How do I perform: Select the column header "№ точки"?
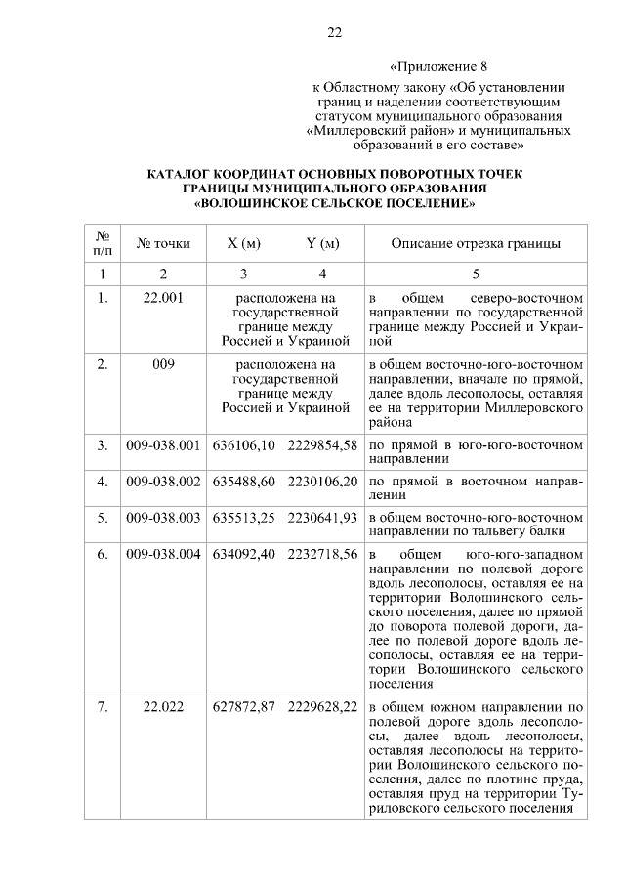[x=163, y=243]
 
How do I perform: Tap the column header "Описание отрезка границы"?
[x=476, y=243]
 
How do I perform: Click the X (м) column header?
[x=243, y=243]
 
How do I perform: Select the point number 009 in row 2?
[x=163, y=364]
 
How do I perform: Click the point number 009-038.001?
[x=163, y=446]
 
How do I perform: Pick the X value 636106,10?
[x=244, y=446]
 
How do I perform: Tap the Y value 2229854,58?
[x=322, y=446]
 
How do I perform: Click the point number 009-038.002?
[x=163, y=482]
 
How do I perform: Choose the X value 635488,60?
[x=244, y=482]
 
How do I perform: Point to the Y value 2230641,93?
[x=322, y=517]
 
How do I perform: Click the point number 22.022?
[x=163, y=706]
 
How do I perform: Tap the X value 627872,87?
[x=244, y=706]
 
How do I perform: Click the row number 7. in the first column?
[x=103, y=706]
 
